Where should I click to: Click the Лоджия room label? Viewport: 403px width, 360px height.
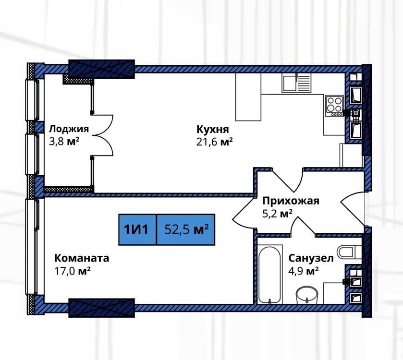(x=69, y=129)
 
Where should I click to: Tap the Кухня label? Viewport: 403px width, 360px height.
(x=213, y=129)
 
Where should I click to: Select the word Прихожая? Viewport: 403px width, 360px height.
(x=291, y=201)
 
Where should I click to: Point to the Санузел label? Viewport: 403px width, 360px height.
(x=311, y=258)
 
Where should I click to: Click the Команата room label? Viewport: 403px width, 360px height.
(x=82, y=258)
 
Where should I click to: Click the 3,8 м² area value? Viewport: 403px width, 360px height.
(x=64, y=142)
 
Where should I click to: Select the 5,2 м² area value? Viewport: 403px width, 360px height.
(x=277, y=214)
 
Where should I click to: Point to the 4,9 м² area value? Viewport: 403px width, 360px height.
(x=304, y=271)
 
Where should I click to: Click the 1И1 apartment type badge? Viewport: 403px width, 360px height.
(x=137, y=229)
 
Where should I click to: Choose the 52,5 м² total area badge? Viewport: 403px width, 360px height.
(x=186, y=229)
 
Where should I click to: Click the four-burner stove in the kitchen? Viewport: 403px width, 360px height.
(x=334, y=106)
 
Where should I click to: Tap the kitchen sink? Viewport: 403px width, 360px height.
(x=296, y=83)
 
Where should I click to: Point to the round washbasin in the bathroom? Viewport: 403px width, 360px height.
(x=307, y=295)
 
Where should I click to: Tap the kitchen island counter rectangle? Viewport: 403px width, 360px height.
(x=248, y=97)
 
